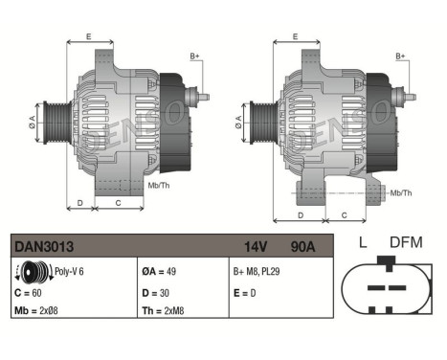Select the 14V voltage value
tap(254, 246)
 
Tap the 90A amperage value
tap(302, 246)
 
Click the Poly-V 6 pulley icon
tap(34, 271)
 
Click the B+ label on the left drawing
tap(194, 56)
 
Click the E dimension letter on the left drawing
tap(88, 36)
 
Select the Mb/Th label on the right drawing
tap(401, 192)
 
